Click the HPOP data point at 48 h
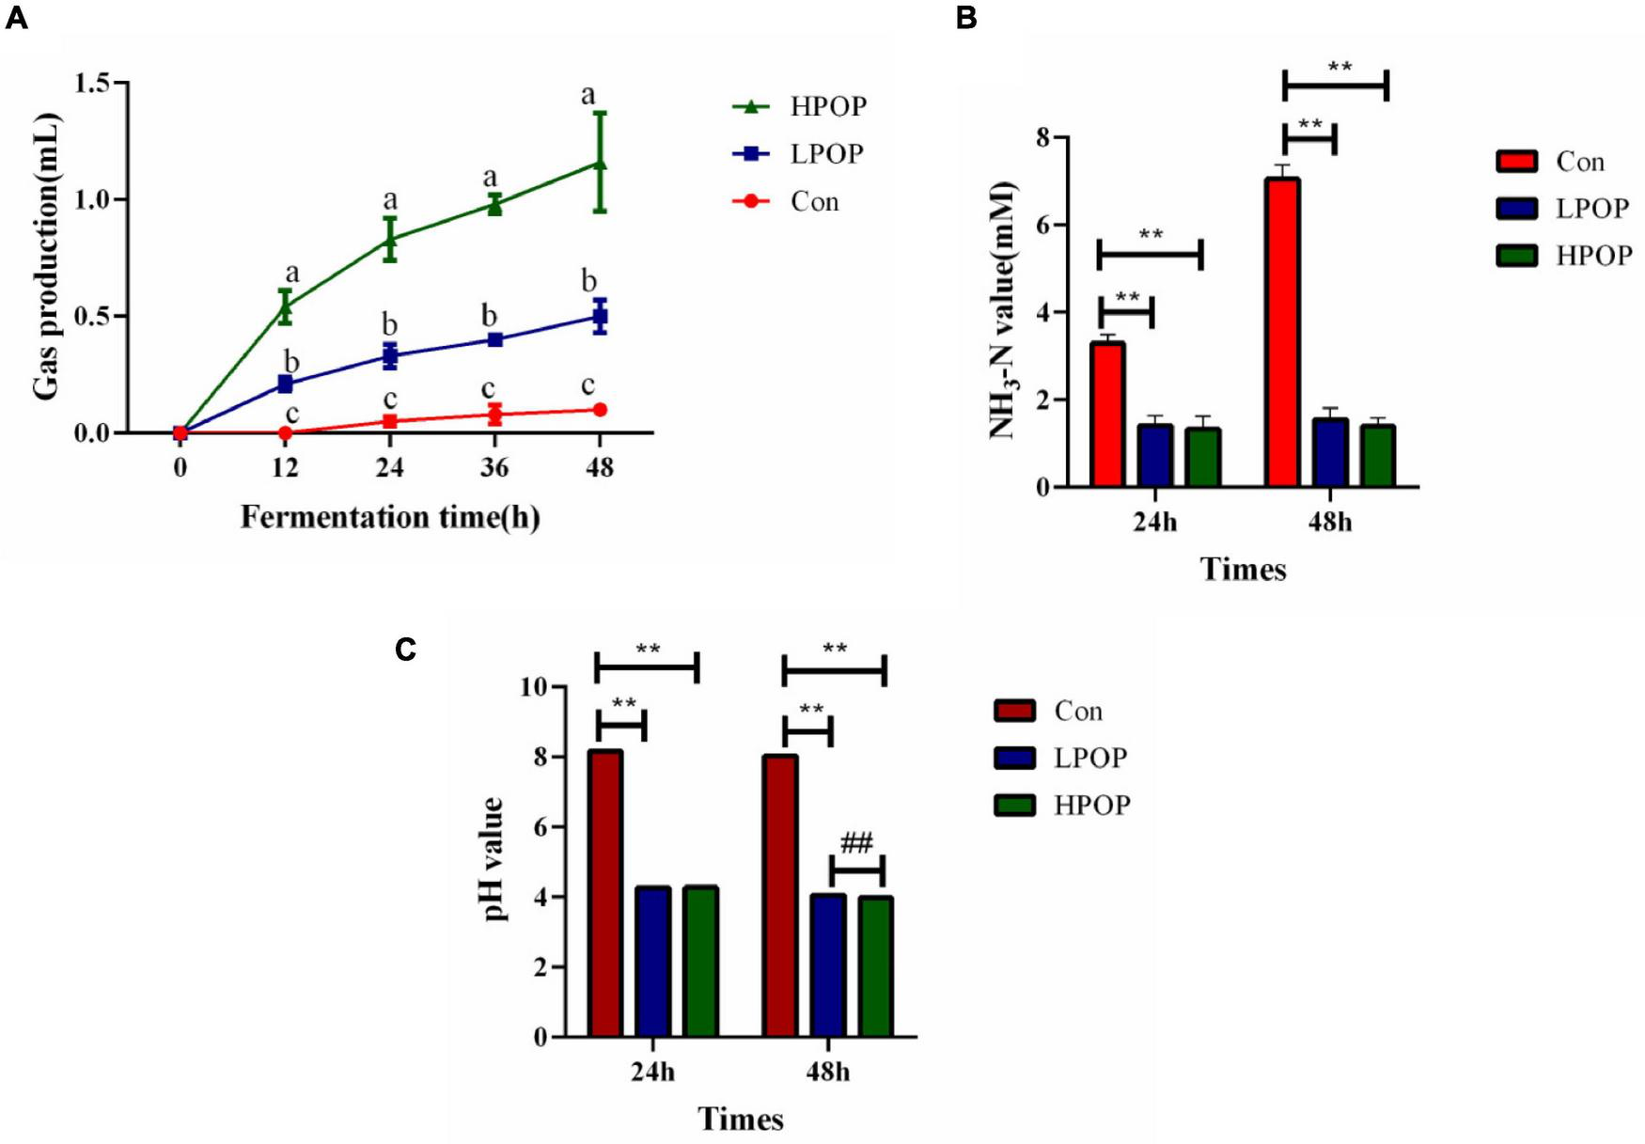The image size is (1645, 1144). click(x=600, y=165)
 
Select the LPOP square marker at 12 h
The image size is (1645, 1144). click(x=285, y=384)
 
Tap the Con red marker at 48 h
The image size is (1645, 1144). click(x=600, y=410)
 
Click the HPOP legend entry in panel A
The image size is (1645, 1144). click(x=800, y=107)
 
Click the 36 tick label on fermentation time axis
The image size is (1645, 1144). click(x=494, y=467)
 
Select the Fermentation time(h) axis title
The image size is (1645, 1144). click(x=390, y=517)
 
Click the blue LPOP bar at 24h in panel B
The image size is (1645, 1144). click(x=1155, y=456)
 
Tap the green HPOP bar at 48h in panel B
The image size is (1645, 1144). click(x=1378, y=456)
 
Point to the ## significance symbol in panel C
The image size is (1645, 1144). click(x=856, y=842)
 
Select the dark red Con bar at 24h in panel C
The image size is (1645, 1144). click(x=605, y=893)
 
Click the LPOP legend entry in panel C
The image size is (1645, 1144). click(x=1062, y=758)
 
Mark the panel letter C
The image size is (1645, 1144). click(x=405, y=650)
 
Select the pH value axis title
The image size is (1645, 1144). click(x=493, y=860)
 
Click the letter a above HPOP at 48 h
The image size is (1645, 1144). click(x=588, y=95)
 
